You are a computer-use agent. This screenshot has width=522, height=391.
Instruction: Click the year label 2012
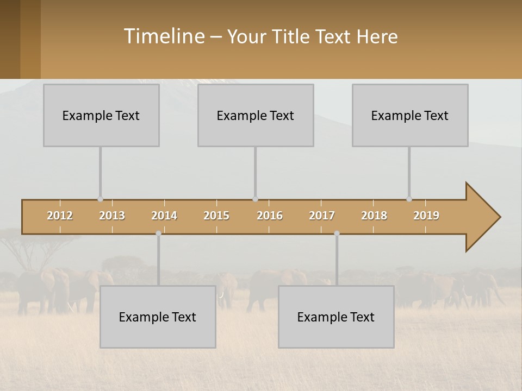(60, 216)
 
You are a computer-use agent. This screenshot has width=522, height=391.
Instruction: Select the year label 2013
(112, 216)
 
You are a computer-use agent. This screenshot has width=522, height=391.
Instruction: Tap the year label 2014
(164, 216)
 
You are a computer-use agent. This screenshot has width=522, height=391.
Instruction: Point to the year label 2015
(216, 216)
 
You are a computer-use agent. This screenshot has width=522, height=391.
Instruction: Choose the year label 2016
(270, 216)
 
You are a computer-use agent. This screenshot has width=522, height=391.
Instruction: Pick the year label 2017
(322, 216)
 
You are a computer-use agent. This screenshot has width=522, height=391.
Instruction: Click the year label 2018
(374, 216)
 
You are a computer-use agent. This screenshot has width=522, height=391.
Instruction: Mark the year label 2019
(426, 216)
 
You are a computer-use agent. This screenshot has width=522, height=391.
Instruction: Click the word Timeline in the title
(163, 36)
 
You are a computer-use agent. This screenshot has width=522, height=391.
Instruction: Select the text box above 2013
(101, 115)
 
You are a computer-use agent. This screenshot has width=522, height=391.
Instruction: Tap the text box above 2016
(256, 115)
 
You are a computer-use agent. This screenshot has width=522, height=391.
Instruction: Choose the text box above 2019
(410, 115)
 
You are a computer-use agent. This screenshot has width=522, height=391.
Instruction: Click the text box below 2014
(158, 317)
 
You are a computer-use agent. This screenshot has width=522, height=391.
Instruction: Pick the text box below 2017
(336, 317)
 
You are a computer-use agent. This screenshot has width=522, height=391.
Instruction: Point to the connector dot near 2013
(100, 199)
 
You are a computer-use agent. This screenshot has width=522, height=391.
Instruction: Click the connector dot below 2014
(158, 234)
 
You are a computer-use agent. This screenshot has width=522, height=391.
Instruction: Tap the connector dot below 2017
(337, 234)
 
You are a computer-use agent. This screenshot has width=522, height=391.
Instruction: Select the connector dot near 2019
(409, 199)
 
